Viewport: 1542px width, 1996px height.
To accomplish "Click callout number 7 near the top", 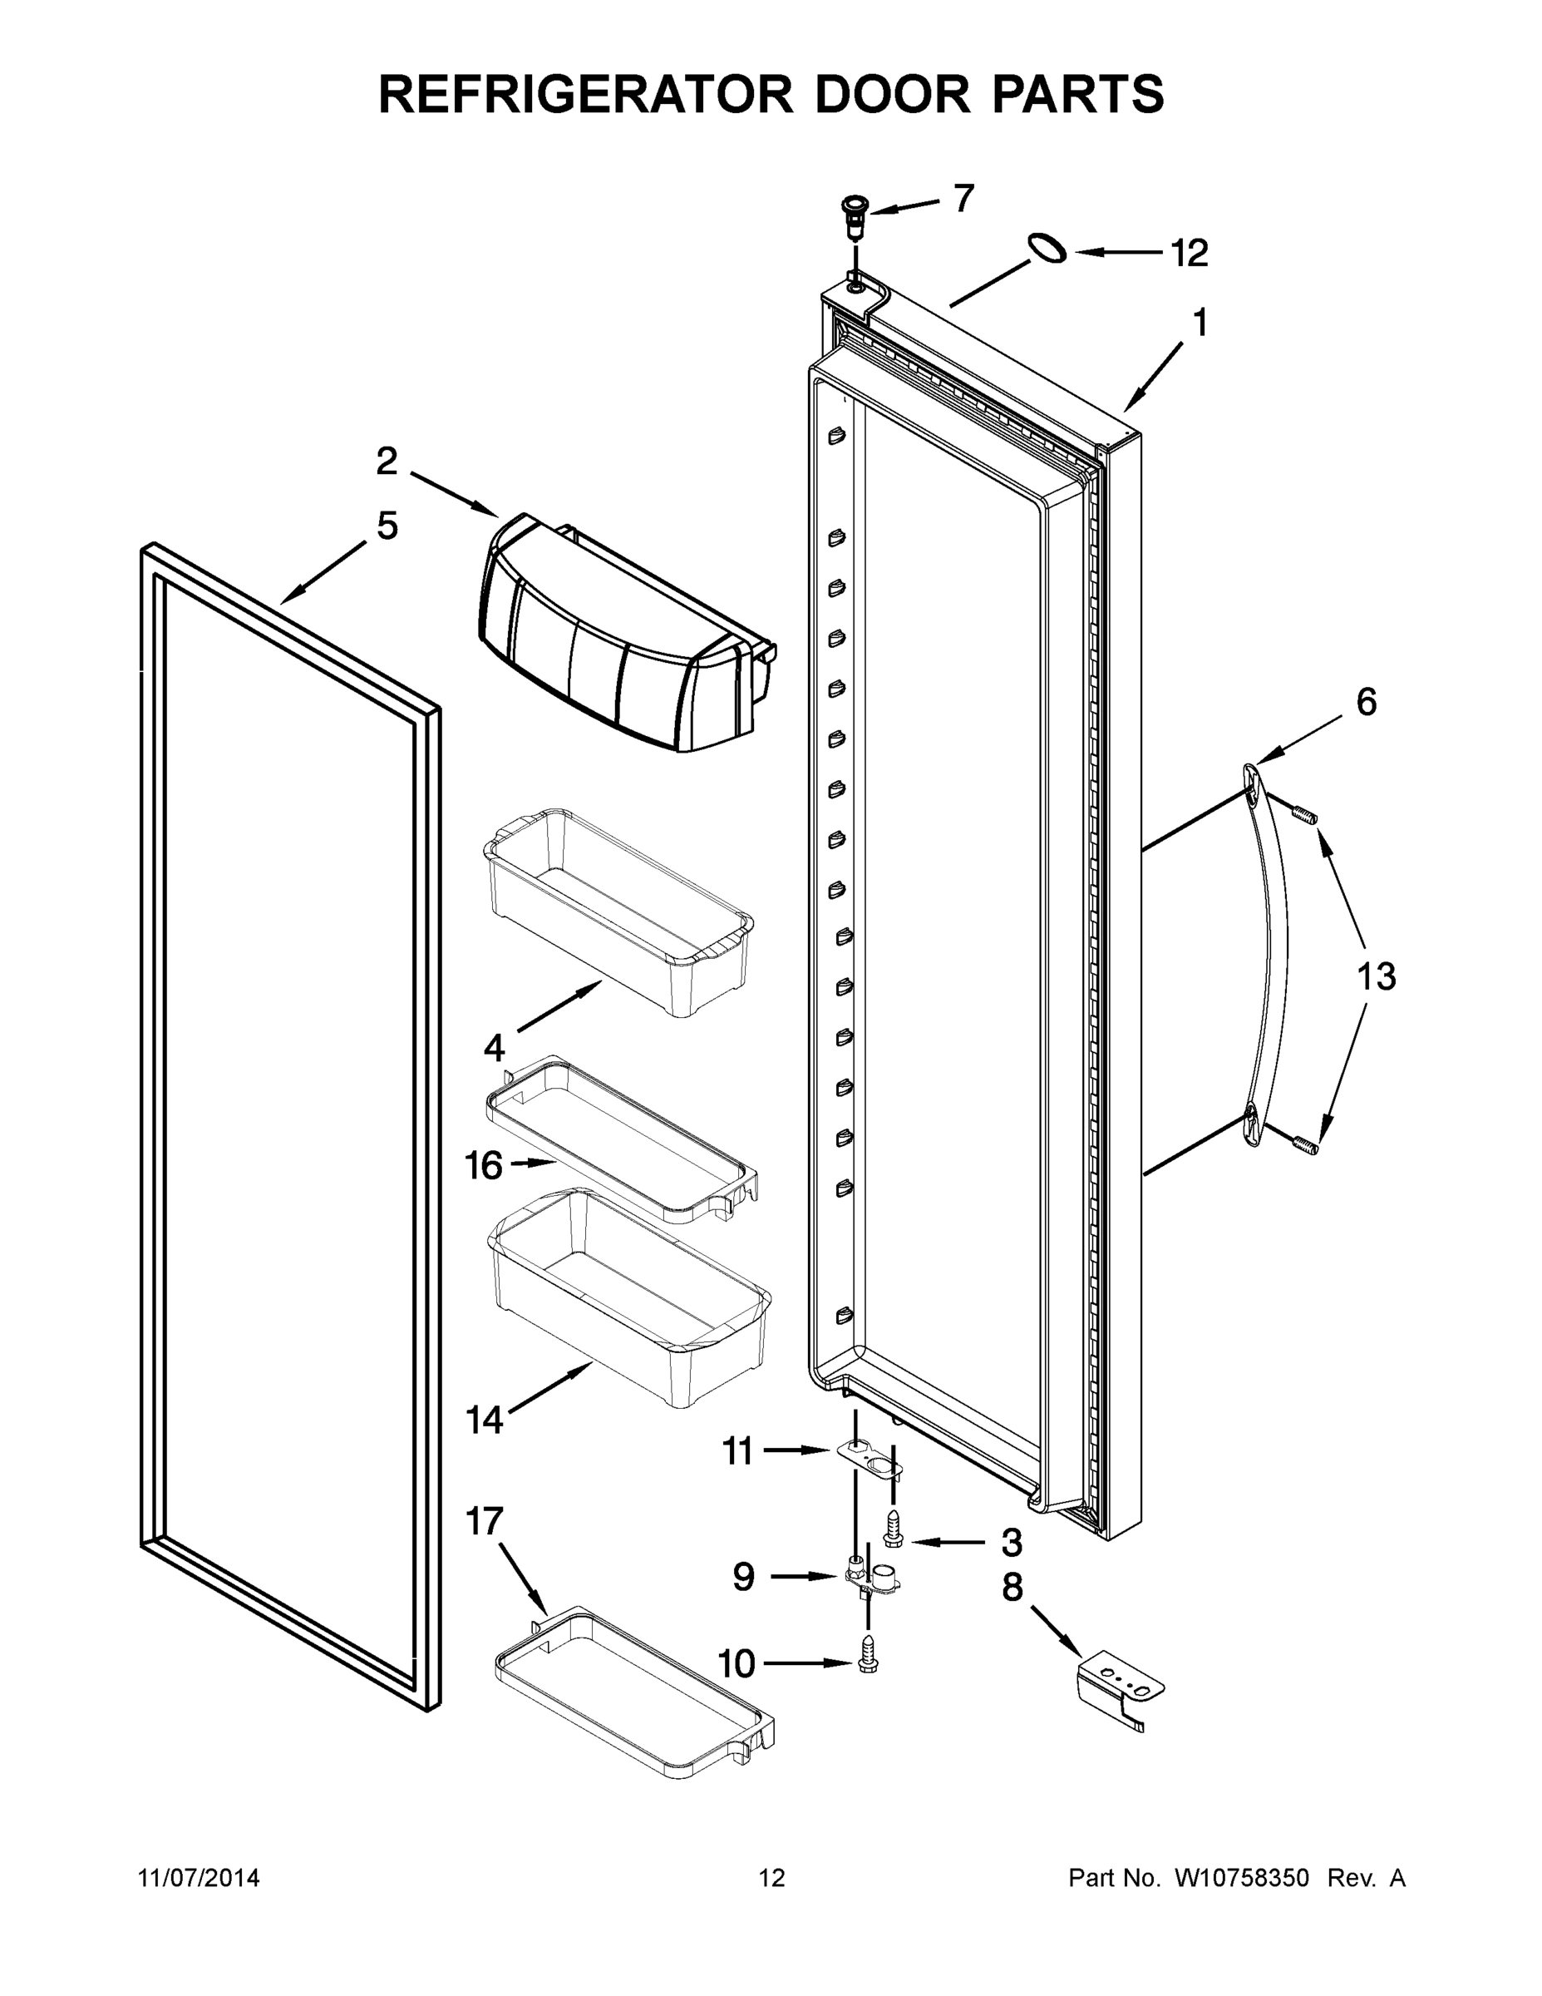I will point(963,197).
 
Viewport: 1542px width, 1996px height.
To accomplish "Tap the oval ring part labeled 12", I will point(1047,248).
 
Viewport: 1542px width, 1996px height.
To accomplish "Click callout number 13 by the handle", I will point(1376,977).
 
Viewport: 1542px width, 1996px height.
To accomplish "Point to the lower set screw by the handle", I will point(1305,1144).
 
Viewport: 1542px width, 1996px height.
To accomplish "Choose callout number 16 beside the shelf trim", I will point(484,1165).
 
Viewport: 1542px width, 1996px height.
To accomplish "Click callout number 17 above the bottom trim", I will point(484,1522).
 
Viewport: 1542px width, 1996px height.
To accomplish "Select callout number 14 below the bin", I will point(484,1420).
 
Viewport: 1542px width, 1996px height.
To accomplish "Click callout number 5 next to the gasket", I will point(387,526).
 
